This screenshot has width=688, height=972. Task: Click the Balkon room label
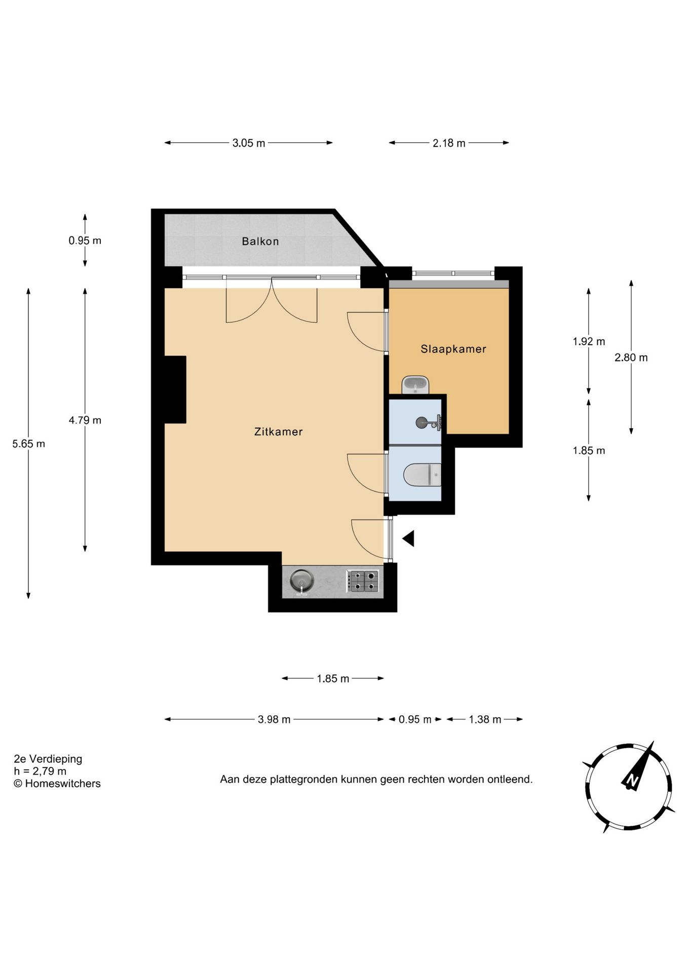tap(260, 241)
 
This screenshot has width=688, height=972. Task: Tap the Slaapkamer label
tap(453, 349)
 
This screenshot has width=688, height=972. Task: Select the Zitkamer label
tap(278, 432)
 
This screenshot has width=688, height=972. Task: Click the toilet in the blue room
tap(422, 475)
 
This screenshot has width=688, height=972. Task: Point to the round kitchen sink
tap(301, 580)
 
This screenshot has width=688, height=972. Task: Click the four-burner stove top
tap(363, 581)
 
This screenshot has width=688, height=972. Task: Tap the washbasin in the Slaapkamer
tap(415, 385)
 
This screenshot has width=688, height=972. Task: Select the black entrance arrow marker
tap(409, 538)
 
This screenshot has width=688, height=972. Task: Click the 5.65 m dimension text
tap(28, 444)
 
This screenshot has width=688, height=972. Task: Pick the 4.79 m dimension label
tap(85, 420)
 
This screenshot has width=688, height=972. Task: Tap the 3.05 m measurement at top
tap(248, 143)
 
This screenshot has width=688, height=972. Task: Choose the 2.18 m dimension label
tap(448, 143)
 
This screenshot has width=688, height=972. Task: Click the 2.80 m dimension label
tap(631, 358)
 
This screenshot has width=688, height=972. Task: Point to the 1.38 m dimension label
tap(484, 719)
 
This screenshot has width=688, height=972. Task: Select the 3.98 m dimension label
tap(274, 719)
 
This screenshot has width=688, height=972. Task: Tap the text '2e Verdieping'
tap(48, 759)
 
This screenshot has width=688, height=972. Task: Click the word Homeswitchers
tap(63, 784)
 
